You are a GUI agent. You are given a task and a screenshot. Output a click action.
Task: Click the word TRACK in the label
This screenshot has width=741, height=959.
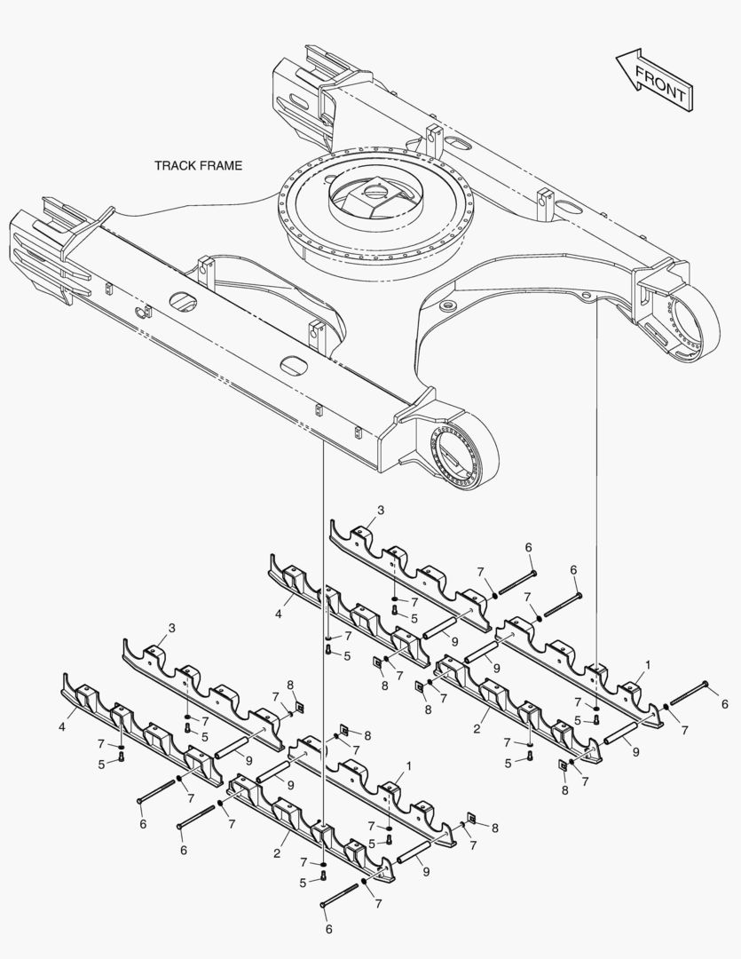174,165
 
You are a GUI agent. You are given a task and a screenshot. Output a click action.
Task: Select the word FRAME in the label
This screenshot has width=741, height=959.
219,165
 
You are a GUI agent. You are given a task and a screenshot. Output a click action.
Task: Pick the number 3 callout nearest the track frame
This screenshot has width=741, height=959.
381,510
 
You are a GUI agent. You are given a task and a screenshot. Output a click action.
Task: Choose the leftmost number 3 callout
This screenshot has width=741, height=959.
171,628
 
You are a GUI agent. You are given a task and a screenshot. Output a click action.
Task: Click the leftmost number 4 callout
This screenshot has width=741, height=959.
61,726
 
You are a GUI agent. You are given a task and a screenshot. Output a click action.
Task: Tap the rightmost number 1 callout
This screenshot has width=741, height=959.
648,664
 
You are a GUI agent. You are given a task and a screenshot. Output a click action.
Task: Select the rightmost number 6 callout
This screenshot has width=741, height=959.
724,704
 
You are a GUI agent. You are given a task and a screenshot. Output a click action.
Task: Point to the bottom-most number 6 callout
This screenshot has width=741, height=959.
328,929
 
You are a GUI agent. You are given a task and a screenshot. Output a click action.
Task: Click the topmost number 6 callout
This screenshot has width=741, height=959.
528,546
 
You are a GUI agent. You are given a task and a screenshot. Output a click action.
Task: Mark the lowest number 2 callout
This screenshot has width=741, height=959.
277,853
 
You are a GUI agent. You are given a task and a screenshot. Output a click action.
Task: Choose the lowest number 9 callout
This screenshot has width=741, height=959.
425,871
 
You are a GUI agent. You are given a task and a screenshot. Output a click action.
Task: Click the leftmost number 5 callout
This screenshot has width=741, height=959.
101,764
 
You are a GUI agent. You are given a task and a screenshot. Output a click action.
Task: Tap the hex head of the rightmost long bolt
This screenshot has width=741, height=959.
705,685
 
